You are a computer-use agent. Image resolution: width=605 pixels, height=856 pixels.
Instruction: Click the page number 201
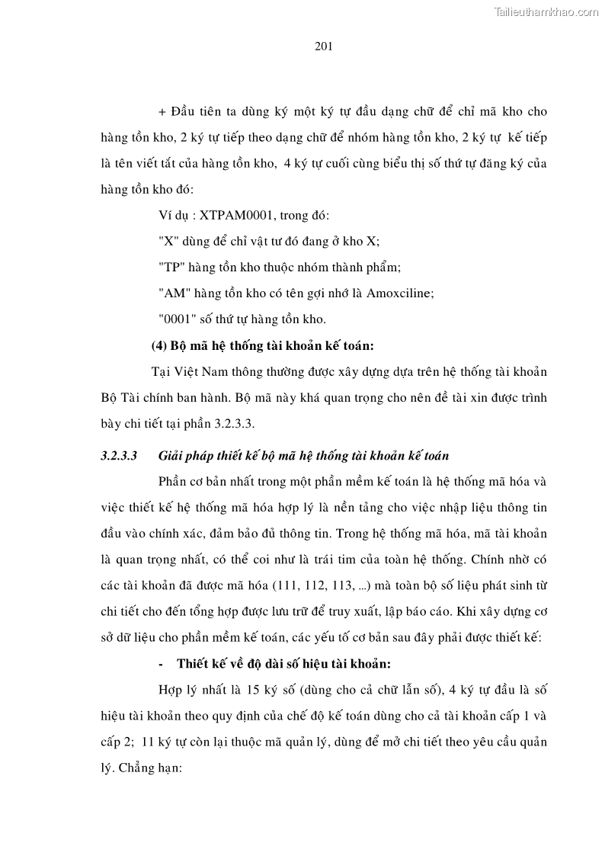tap(323, 46)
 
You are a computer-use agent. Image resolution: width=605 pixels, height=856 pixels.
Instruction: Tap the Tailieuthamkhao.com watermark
tap(547, 11)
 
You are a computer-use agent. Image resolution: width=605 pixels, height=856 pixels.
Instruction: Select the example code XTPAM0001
tap(238, 216)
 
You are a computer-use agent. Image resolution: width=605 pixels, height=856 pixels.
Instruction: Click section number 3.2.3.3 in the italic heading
tap(117, 456)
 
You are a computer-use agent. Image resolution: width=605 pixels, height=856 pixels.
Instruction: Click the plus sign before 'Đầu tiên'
tap(162, 111)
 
